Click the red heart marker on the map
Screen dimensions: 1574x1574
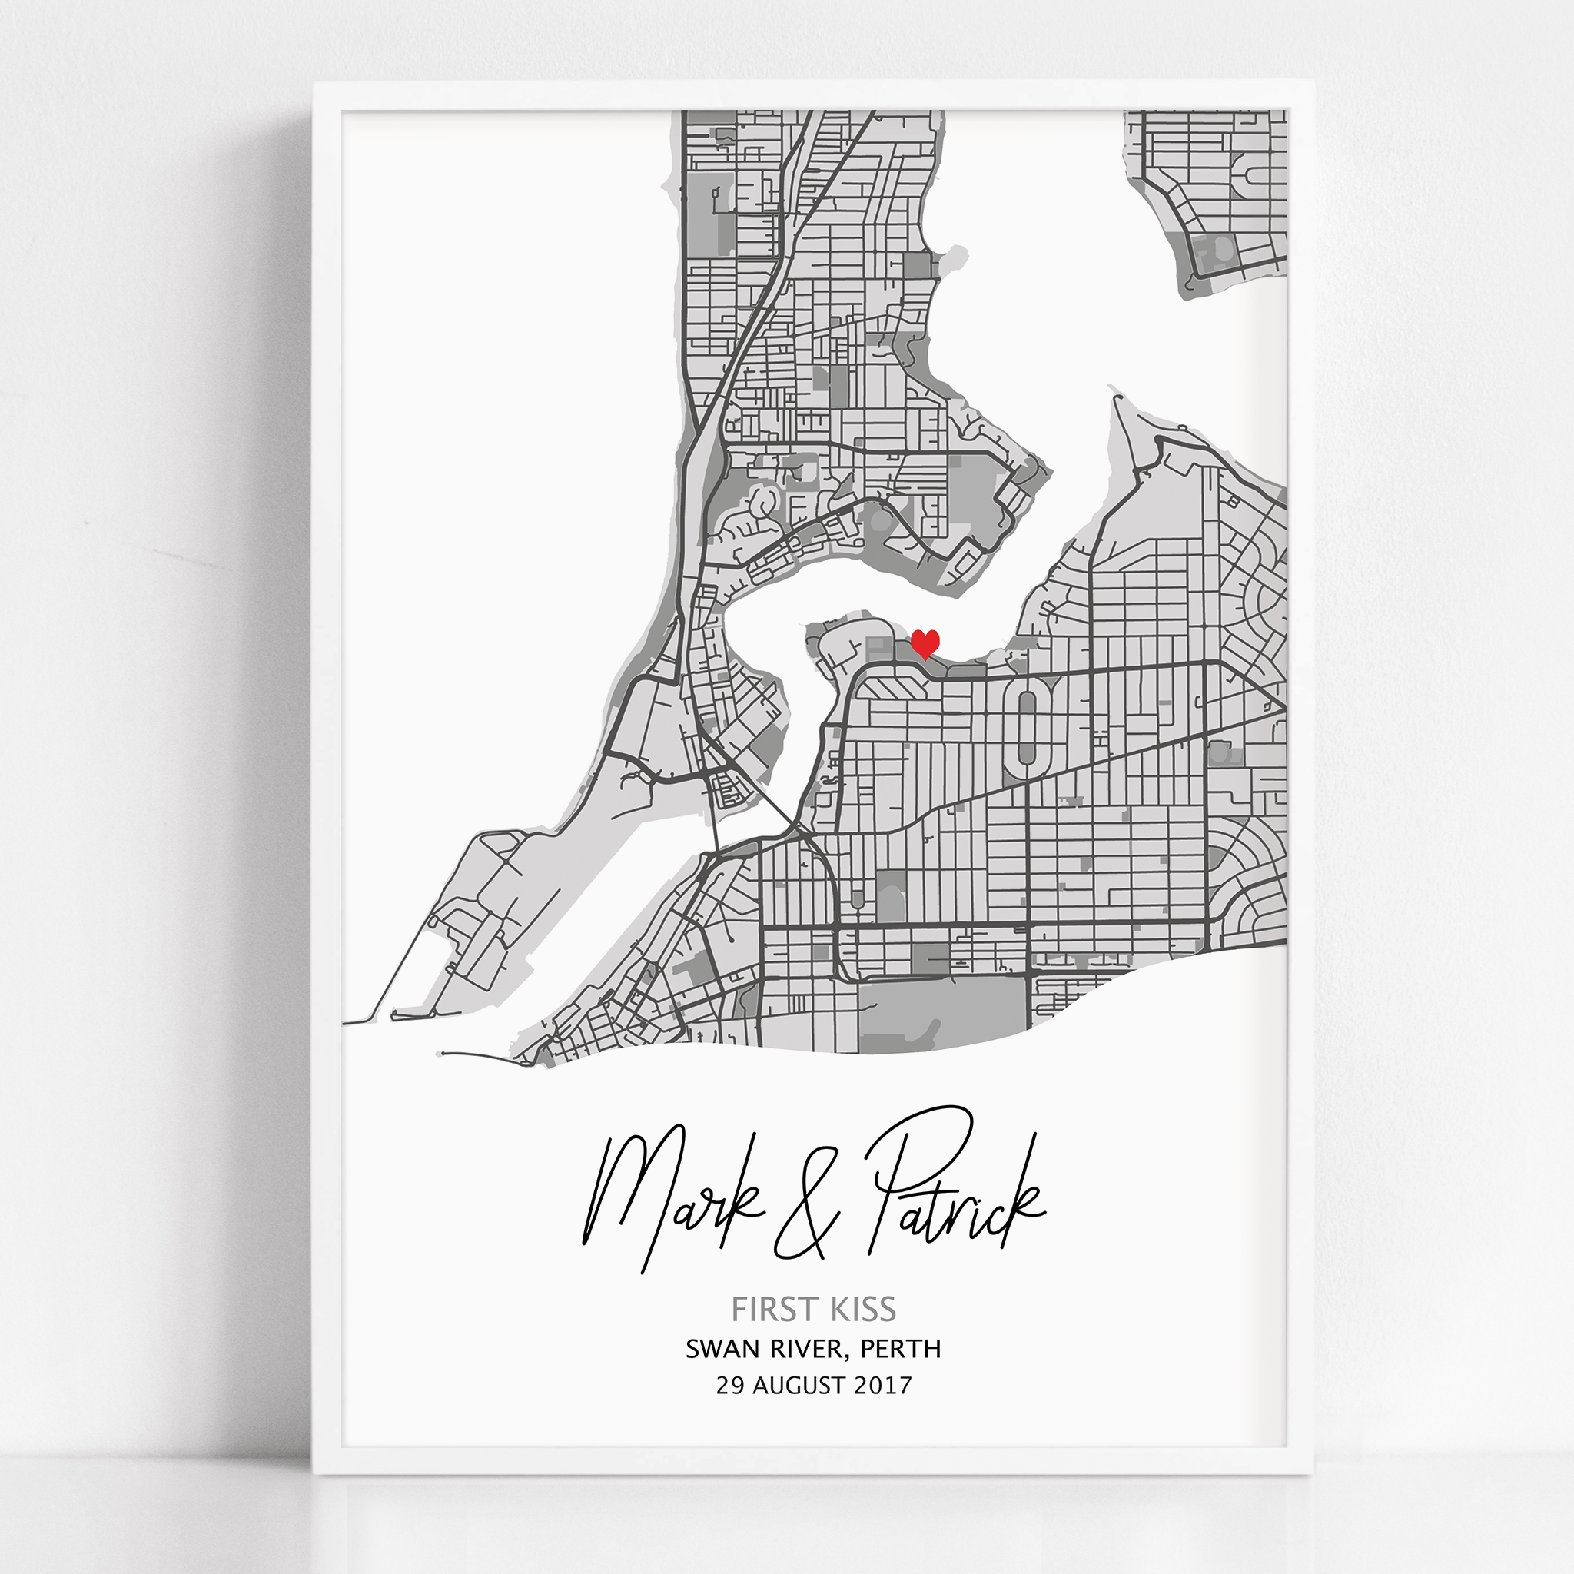pos(925,643)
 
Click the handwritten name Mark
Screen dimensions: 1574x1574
pos(668,1197)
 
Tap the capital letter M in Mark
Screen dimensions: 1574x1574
pos(619,1197)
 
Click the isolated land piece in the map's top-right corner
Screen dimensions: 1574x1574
pos(1214,195)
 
